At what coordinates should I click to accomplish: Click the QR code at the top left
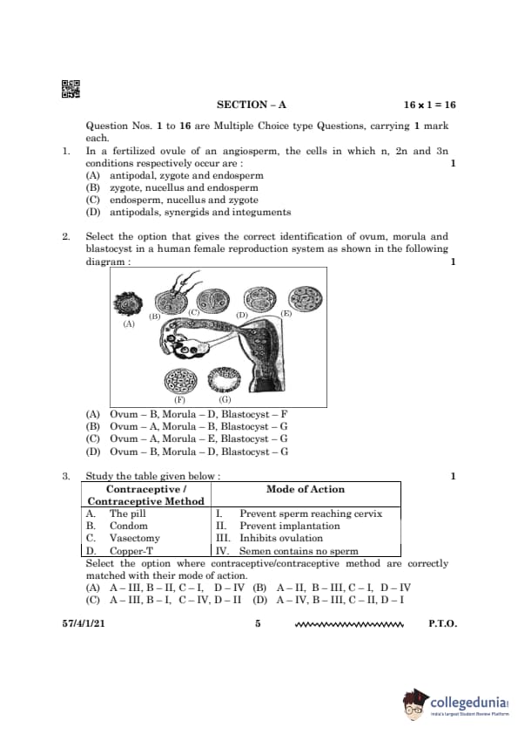71,89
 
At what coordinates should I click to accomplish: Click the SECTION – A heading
251,105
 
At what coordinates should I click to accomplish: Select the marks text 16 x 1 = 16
430,105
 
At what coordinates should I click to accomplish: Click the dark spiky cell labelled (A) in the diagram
127,304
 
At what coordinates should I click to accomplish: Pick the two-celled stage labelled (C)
213,301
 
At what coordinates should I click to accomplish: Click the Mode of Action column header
306,489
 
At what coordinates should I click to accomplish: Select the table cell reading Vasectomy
135,539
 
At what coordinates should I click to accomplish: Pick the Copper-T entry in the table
131,551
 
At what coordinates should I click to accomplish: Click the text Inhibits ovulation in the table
281,539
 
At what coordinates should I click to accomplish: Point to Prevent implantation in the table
290,526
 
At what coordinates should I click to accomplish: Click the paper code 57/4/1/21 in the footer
84,623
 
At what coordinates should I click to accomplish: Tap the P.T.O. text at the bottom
442,623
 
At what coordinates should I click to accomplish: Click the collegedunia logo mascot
415,705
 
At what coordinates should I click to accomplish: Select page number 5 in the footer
258,623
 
